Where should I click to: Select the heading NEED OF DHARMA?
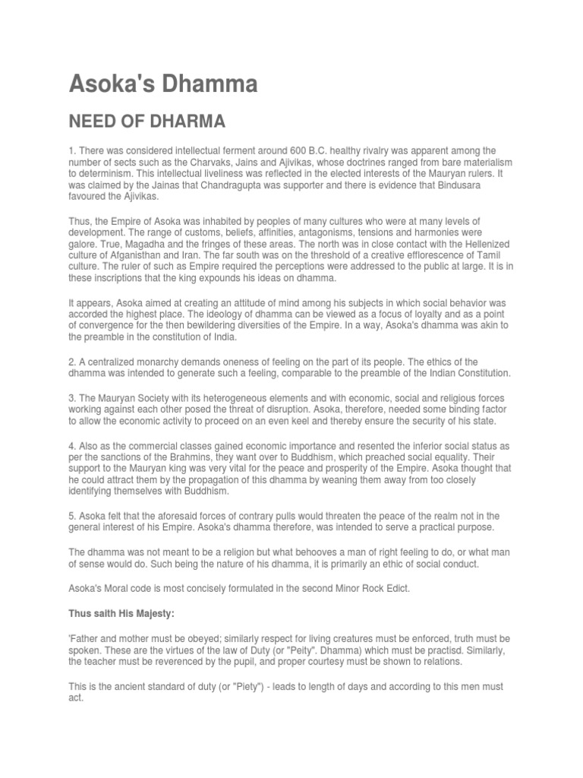[147, 121]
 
